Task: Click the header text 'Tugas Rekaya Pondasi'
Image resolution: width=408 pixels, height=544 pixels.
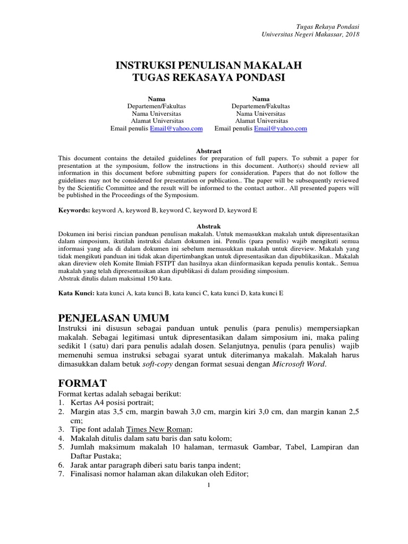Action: [327, 27]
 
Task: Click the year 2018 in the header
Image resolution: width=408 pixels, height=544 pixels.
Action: [352, 34]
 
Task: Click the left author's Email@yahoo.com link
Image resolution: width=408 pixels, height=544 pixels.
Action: [176, 129]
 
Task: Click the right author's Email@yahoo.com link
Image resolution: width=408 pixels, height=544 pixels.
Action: [280, 129]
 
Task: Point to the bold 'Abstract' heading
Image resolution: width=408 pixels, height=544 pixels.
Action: [208, 151]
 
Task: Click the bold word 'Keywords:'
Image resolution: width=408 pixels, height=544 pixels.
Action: [74, 210]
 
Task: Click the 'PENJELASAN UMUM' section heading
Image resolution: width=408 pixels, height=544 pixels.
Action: [113, 318]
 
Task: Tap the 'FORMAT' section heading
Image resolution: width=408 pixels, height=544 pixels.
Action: [82, 383]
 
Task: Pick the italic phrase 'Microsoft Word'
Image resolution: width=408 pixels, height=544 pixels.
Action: [297, 364]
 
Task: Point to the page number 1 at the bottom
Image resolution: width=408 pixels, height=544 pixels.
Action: [209, 484]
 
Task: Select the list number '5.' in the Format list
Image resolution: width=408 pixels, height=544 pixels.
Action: [61, 447]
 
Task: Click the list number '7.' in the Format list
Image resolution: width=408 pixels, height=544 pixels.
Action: [61, 474]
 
